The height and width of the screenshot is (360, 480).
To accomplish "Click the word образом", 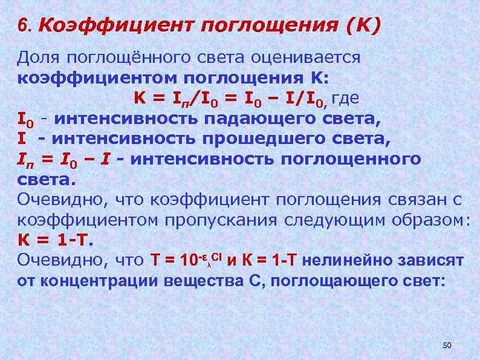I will pyautogui.click(x=427, y=219).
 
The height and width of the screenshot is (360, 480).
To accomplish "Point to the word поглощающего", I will pyautogui.click(x=339, y=281).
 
